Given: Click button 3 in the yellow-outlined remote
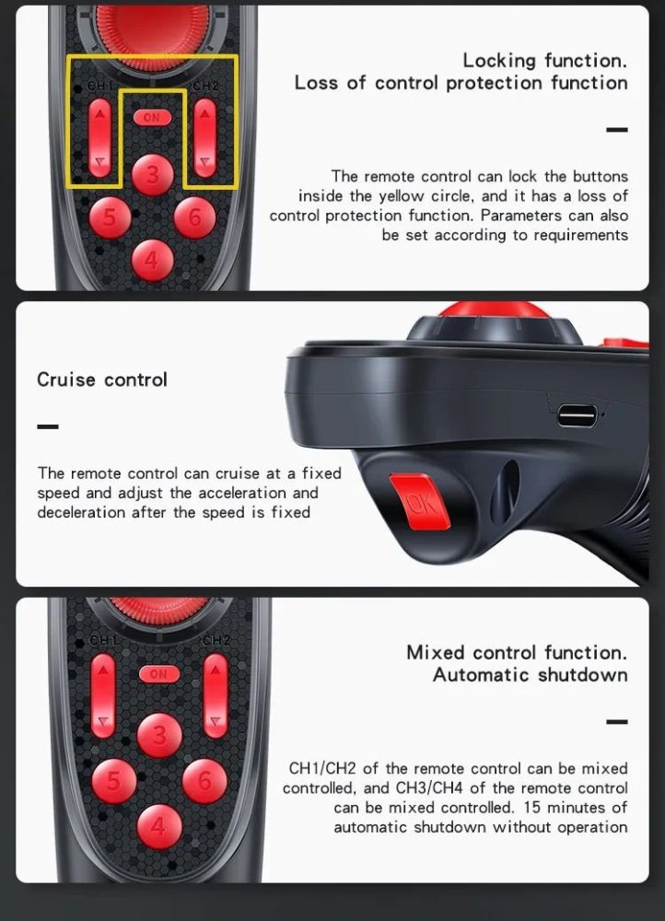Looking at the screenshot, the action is [153, 175].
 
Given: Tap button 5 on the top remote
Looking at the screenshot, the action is [110, 217].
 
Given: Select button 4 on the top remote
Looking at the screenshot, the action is [152, 260].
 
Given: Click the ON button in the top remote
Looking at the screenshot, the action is [152, 118].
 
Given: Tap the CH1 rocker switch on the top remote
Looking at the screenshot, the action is [99, 138].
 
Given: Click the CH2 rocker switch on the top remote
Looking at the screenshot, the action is [204, 138].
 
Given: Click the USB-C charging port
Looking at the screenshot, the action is [577, 415].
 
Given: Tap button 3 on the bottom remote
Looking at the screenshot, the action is [159, 735].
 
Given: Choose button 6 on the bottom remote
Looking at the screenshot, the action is [204, 781].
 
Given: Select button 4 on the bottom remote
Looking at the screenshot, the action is [159, 826].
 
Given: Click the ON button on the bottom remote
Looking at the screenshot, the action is [158, 674].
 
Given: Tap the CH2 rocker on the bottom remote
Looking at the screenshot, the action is [216, 696].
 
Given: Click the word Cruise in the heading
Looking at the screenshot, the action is [66, 379].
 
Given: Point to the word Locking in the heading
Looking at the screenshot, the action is [499, 61].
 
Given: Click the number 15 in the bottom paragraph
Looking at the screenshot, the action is [531, 807].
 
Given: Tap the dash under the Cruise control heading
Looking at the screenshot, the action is [48, 426].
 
